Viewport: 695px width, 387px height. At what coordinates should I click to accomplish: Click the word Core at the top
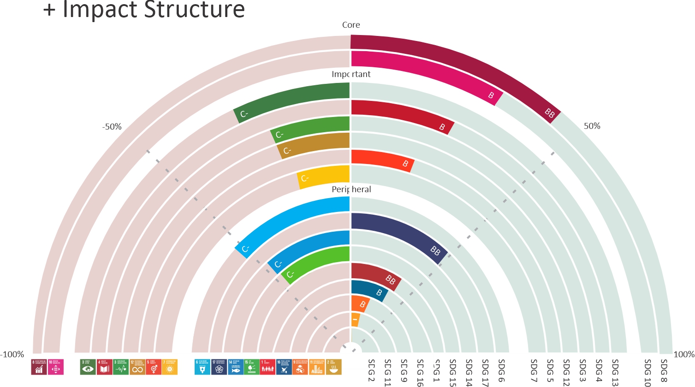point(351,25)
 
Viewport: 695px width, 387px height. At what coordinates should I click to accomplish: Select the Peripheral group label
point(351,189)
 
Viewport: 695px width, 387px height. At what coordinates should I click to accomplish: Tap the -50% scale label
point(112,127)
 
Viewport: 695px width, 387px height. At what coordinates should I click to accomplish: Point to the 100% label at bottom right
point(683,354)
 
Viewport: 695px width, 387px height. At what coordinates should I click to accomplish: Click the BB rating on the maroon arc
point(549,113)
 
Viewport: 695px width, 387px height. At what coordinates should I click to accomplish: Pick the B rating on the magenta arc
point(491,95)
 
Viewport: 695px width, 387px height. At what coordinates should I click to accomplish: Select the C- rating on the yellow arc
point(305,178)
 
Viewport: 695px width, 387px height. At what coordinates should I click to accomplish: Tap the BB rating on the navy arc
point(435,251)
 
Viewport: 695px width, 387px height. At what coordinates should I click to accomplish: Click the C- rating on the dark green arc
point(244,114)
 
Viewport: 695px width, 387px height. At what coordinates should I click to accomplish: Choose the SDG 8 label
point(664,371)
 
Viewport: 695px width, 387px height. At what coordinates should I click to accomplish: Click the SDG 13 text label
point(615,372)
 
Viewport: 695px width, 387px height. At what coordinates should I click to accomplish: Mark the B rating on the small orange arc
point(362,305)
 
